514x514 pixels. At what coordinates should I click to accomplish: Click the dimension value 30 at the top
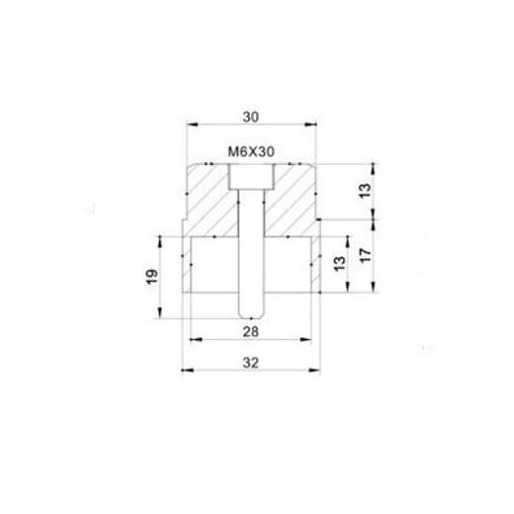click(250, 116)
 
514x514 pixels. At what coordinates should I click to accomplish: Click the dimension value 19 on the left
click(149, 279)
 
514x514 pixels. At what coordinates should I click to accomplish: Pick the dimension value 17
click(367, 254)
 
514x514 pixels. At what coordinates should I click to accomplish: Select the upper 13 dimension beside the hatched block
click(367, 190)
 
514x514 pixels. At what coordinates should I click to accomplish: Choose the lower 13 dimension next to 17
click(339, 264)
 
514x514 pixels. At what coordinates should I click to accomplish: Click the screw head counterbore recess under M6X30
click(250, 177)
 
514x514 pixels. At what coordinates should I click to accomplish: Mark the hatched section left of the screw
click(210, 203)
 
